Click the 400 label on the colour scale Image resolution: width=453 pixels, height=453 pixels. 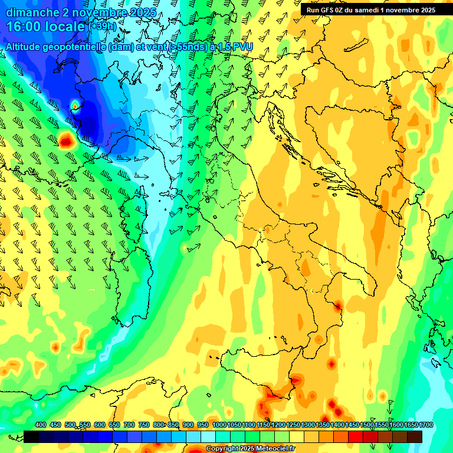click(x=41, y=425)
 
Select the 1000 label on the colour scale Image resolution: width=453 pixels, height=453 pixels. click(x=219, y=425)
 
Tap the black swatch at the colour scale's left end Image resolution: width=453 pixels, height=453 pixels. click(x=31, y=436)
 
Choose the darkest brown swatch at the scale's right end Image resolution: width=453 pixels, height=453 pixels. click(x=415, y=436)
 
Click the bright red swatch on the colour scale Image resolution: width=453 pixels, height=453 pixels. click(x=356, y=436)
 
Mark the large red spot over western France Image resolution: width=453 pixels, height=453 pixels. click(x=66, y=140)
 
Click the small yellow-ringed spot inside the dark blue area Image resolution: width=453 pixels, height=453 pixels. click(x=75, y=106)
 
